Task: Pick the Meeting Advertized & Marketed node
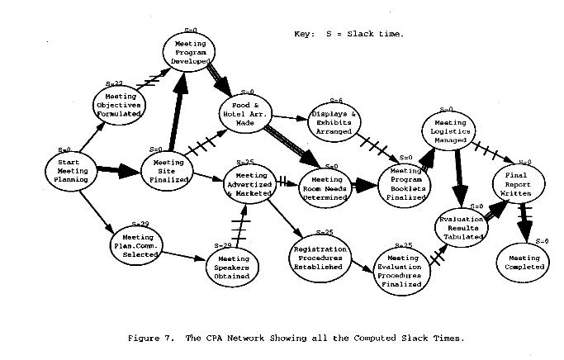coord(251,186)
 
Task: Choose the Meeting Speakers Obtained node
coord(234,267)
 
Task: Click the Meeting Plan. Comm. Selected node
coord(131,241)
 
